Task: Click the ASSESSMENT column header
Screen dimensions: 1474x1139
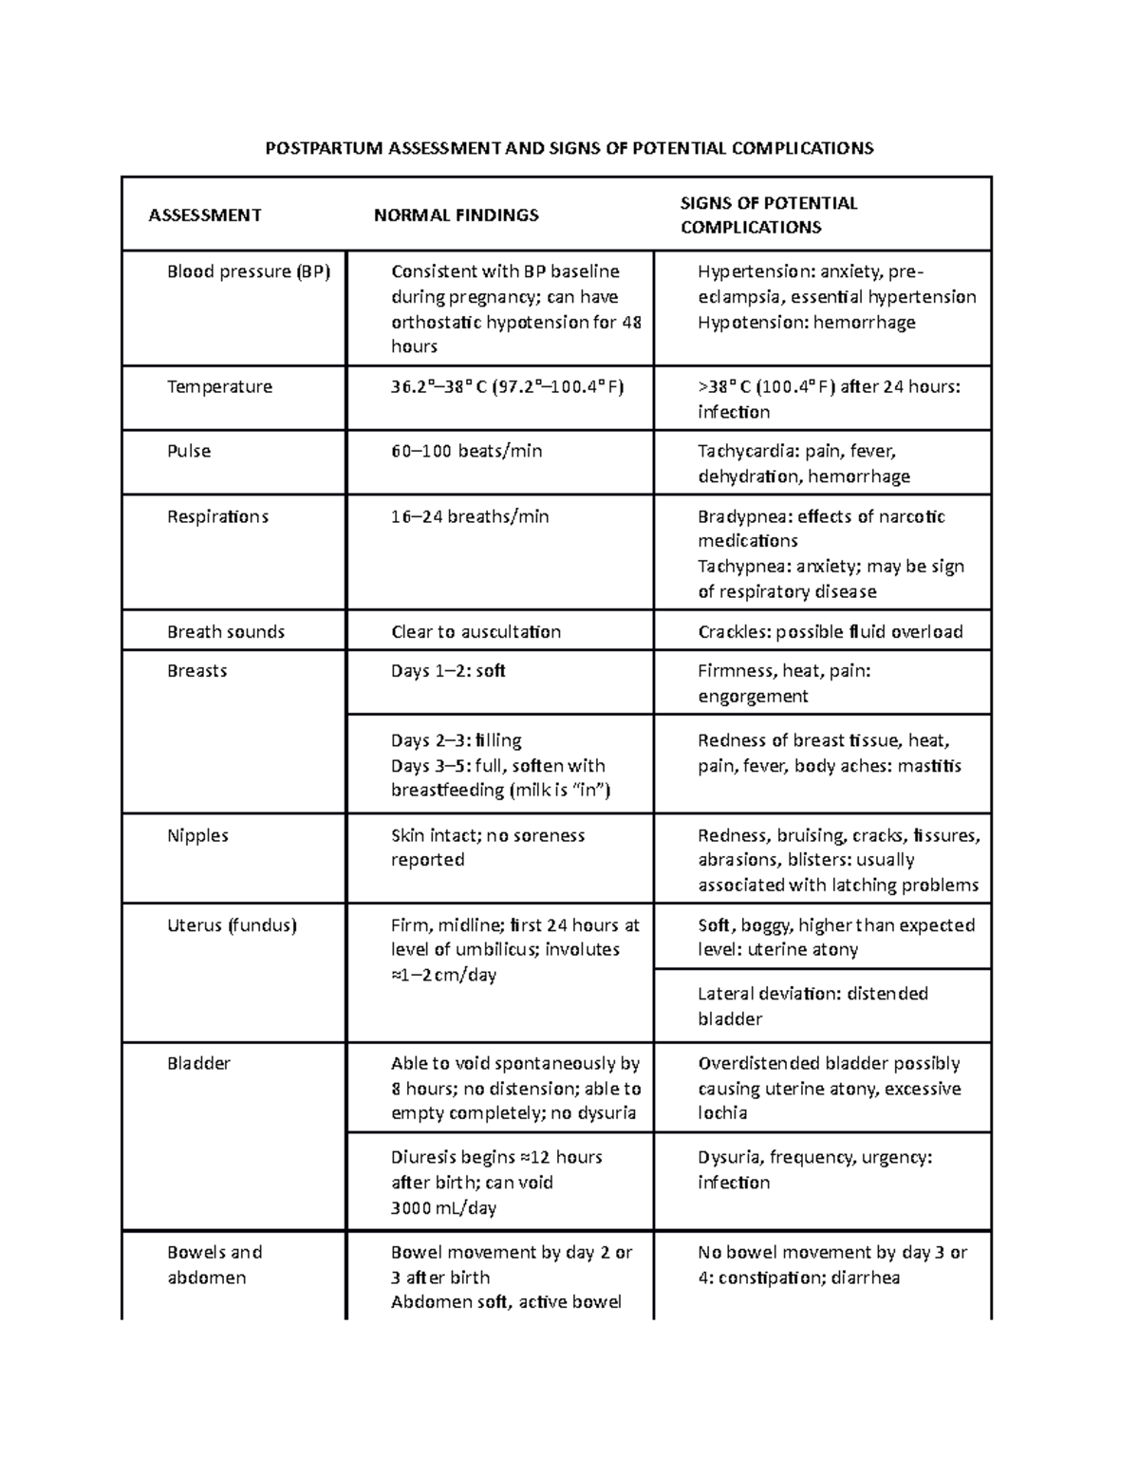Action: click(x=204, y=215)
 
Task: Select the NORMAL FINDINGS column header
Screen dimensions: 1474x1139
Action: click(x=456, y=215)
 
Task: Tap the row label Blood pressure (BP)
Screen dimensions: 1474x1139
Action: click(x=249, y=272)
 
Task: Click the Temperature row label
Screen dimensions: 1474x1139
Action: click(x=219, y=387)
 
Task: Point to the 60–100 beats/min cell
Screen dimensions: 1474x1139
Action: click(x=466, y=452)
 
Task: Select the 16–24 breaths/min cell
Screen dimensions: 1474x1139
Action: click(x=470, y=517)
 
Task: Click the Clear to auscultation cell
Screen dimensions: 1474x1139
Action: click(x=476, y=632)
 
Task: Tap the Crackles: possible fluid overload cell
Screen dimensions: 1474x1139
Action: click(x=830, y=632)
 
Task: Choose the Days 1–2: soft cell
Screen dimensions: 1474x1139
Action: click(x=448, y=671)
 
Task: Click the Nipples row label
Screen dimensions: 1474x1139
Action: click(x=197, y=836)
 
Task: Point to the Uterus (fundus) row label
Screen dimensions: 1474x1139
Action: click(x=232, y=925)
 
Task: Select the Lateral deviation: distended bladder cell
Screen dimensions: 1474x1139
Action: click(x=812, y=1006)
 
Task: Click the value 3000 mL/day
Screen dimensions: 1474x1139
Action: click(x=443, y=1208)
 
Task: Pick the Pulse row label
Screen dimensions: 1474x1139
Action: click(x=189, y=452)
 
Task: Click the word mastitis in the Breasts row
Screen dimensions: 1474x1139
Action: click(x=928, y=766)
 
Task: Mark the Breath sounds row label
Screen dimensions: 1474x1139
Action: click(x=226, y=632)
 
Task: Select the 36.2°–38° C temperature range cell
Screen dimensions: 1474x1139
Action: click(x=507, y=387)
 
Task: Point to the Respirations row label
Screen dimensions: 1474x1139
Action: click(x=217, y=517)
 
